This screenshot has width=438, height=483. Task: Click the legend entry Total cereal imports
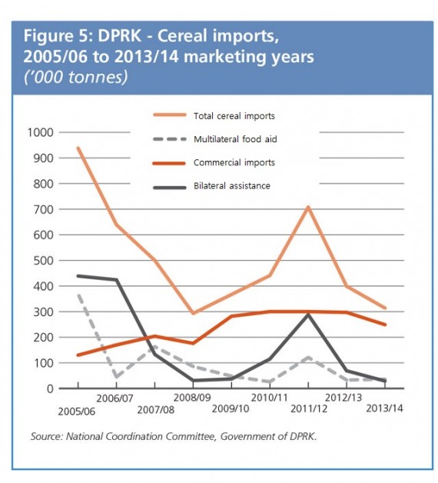click(234, 116)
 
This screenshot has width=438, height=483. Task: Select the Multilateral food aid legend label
click(235, 139)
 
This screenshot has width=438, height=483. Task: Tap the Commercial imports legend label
click(234, 162)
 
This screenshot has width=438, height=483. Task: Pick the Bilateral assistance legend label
click(232, 186)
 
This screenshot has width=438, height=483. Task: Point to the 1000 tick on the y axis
click(40, 132)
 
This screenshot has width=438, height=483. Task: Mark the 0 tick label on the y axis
click(50, 388)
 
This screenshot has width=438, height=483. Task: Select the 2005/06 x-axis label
click(76, 411)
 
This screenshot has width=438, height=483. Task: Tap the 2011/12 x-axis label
click(309, 408)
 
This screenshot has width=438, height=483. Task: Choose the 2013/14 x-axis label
click(384, 408)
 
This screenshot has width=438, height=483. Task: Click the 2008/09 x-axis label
click(192, 398)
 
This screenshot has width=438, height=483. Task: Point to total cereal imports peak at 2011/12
click(308, 208)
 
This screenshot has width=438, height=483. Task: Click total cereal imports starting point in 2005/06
click(78, 148)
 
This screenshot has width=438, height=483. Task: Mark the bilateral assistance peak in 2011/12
click(308, 315)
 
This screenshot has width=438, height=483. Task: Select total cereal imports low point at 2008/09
click(194, 313)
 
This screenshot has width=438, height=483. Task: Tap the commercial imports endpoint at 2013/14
click(385, 325)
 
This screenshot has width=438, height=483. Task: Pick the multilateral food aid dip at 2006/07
click(116, 376)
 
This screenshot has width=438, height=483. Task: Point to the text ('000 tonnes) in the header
click(76, 77)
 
